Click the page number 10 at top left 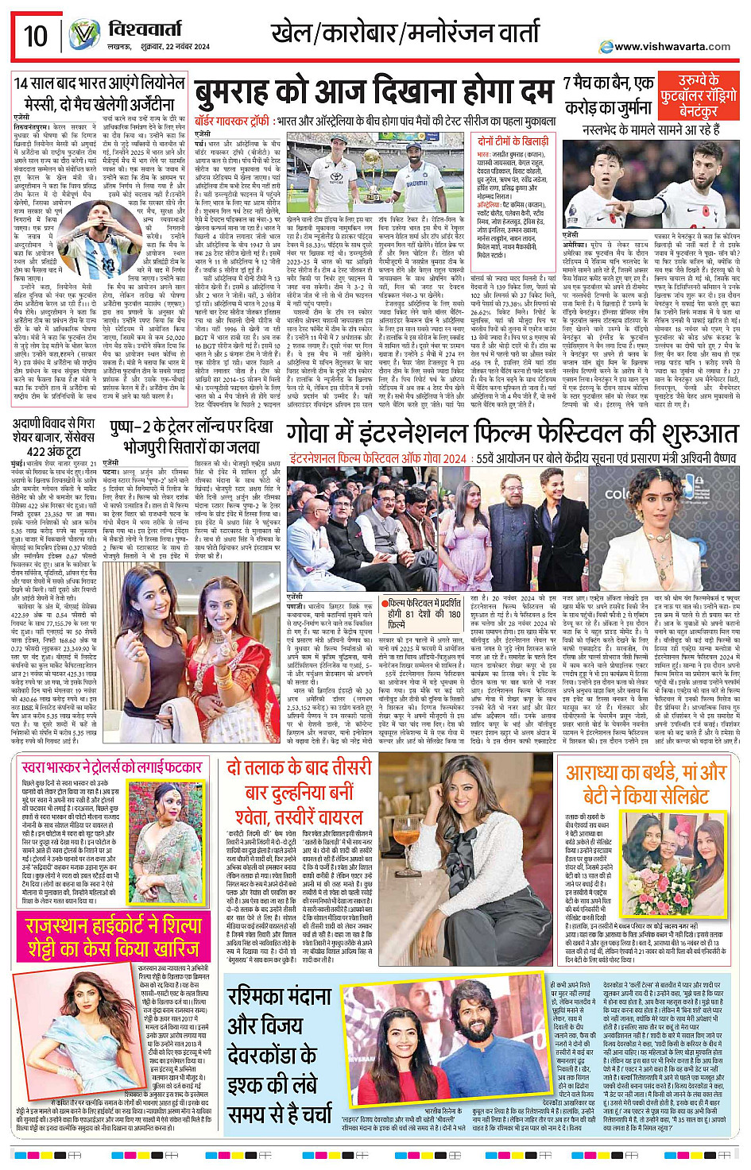click(x=35, y=36)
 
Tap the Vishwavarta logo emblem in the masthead click(x=83, y=35)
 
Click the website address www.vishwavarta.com click(x=672, y=46)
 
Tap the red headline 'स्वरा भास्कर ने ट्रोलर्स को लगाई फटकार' click(x=112, y=768)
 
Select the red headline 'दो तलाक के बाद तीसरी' click(x=298, y=768)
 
